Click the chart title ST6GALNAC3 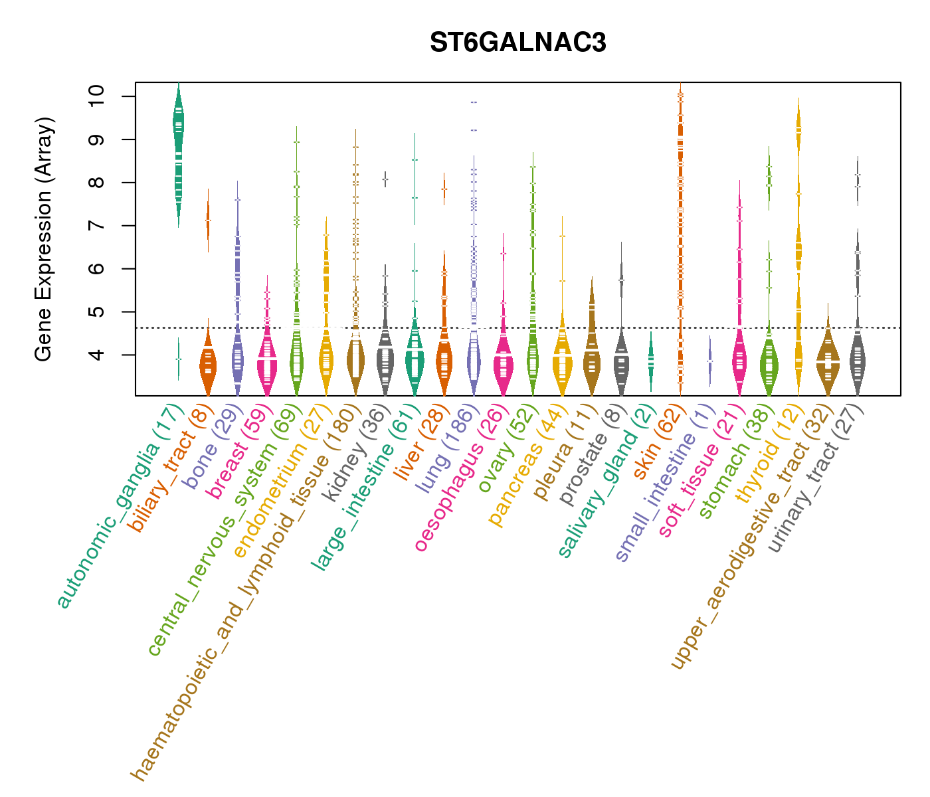(x=517, y=43)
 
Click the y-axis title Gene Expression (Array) (x=44, y=239)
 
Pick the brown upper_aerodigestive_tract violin (x=828, y=361)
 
